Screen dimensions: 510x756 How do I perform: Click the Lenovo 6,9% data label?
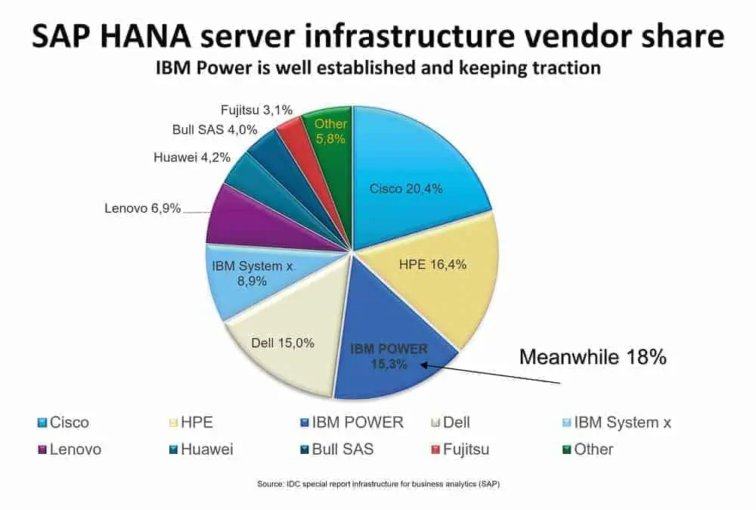click(x=142, y=207)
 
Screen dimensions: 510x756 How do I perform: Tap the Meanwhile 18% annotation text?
click(x=591, y=356)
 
